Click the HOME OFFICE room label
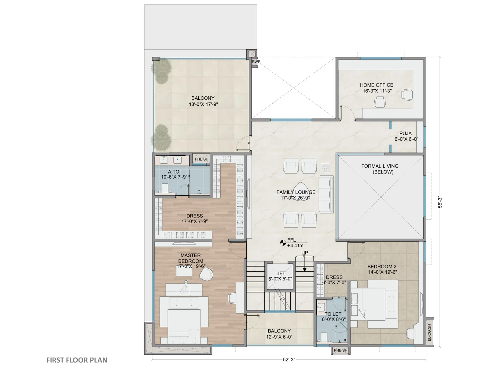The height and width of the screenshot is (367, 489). point(376,85)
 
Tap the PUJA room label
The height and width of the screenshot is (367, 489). point(405,133)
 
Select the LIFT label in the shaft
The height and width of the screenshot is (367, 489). point(280,273)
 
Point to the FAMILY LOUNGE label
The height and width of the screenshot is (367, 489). point(296,192)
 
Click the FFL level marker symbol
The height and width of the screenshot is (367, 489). point(283,243)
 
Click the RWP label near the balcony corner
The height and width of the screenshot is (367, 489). point(256,61)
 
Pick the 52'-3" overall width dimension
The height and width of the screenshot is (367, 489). point(289,359)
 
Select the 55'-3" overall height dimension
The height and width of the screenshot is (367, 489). point(440,202)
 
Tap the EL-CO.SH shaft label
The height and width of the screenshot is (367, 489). point(429,332)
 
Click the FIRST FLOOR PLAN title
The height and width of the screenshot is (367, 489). point(77,360)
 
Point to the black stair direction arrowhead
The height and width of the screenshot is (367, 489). point(304,270)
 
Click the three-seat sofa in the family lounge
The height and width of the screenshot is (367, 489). point(326,194)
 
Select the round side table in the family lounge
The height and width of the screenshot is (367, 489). point(325,167)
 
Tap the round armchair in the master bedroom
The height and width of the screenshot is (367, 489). point(206,274)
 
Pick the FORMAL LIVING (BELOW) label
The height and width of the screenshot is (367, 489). point(380,169)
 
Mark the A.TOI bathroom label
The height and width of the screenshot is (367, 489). point(174,172)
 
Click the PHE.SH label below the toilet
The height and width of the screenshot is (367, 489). point(340,350)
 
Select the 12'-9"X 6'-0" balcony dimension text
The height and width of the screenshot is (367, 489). point(279,337)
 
